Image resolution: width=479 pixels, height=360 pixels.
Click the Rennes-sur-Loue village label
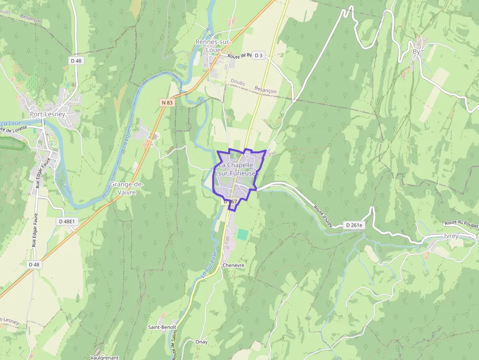(213, 46)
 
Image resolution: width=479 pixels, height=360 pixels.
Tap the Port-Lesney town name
(47, 114)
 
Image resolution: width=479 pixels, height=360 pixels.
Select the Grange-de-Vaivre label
(127, 188)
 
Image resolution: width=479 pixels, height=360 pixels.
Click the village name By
(416, 51)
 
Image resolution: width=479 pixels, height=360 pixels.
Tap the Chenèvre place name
(233, 265)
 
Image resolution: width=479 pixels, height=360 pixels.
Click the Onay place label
(201, 341)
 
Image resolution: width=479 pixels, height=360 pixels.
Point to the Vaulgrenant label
(105, 357)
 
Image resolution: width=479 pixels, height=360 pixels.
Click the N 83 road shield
(166, 103)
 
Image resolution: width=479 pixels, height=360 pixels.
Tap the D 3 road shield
(259, 56)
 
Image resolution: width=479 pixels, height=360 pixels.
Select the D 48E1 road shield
(67, 221)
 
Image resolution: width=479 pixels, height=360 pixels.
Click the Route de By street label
(239, 56)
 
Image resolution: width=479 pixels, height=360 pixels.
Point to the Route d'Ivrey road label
(323, 216)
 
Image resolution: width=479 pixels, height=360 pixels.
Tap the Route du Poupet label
(461, 223)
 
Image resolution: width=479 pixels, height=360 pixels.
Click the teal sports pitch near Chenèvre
(242, 234)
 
